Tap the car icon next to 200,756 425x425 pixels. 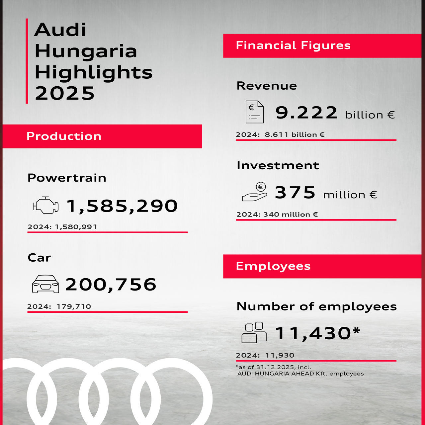45,284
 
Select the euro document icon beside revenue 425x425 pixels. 255,112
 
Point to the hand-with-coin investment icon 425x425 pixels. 255,192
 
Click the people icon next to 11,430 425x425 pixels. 254,332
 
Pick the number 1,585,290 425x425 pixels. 122,206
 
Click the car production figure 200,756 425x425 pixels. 111,285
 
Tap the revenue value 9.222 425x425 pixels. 306,113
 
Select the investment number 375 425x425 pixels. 295,193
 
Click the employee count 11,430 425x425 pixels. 313,333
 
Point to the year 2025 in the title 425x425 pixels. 65,93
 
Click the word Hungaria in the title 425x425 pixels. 86,51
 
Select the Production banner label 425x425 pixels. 64,136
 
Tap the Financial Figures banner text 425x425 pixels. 293,45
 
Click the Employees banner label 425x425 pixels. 273,266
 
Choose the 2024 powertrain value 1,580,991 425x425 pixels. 76,227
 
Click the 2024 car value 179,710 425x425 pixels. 74,306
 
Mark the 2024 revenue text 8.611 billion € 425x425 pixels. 295,135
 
